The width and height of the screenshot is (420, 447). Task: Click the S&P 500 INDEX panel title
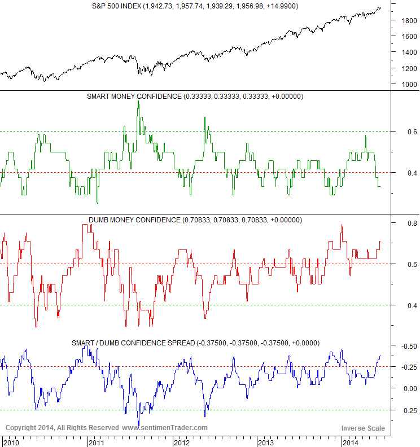195,6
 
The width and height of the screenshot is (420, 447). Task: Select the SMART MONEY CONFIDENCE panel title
195,97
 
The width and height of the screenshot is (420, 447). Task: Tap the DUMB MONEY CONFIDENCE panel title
195,220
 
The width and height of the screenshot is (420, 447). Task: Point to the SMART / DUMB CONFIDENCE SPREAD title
195,343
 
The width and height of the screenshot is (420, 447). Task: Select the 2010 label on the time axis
11,442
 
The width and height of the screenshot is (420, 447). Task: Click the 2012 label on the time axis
181,442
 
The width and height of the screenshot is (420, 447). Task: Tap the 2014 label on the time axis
351,442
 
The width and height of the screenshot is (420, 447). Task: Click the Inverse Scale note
363,428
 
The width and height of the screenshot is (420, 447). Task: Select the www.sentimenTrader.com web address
165,428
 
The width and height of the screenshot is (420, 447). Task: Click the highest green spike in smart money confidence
138,102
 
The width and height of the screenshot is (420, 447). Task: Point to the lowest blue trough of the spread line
138,425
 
